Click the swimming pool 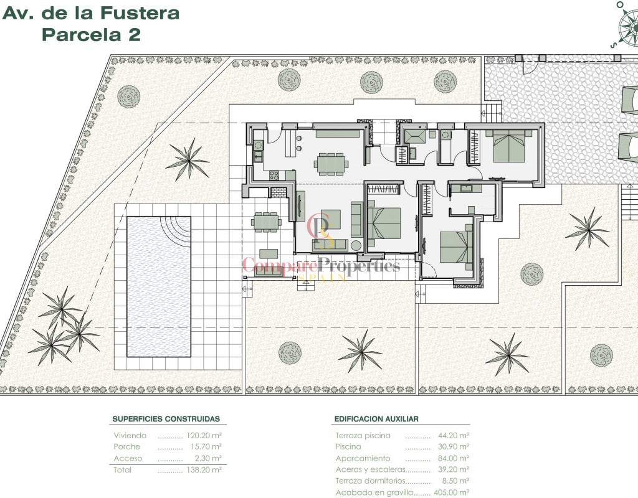click(159, 286)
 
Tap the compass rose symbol click(627, 24)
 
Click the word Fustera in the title click(140, 13)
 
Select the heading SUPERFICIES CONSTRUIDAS click(166, 419)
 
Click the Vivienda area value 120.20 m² click(204, 435)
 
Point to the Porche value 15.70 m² click(206, 446)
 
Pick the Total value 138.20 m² click(204, 469)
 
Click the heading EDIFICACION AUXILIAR click(376, 419)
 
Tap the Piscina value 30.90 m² click(454, 446)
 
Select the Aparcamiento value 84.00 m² click(454, 458)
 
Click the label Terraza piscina click(363, 435)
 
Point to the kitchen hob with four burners click(274, 175)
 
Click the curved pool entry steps click(175, 231)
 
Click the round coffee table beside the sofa click(356, 246)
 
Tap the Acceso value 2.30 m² click(208, 458)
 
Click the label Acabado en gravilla click(374, 493)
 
